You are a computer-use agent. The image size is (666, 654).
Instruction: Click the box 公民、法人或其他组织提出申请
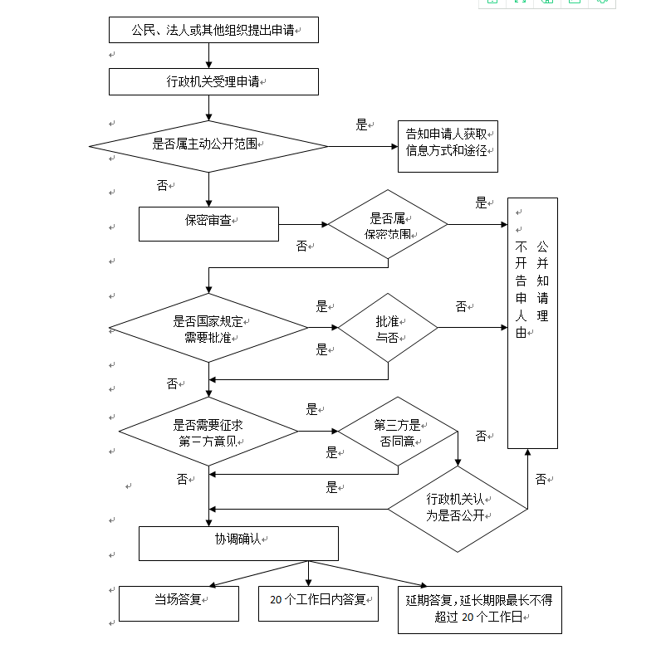click(x=213, y=30)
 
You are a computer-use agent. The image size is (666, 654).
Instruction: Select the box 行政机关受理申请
click(x=213, y=81)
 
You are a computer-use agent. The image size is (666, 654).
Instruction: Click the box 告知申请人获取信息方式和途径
click(x=448, y=145)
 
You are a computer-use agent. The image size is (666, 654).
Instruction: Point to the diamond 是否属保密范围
click(x=388, y=224)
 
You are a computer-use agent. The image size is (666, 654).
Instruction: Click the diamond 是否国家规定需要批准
click(x=208, y=329)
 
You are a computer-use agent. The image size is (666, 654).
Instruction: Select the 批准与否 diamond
click(x=388, y=328)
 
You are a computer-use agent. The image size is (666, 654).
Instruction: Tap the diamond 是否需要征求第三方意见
click(x=208, y=432)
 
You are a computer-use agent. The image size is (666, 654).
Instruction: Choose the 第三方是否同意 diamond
click(x=398, y=432)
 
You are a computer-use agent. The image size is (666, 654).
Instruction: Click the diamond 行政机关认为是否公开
click(x=458, y=509)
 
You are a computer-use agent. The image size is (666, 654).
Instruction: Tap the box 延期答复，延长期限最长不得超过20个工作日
click(x=480, y=609)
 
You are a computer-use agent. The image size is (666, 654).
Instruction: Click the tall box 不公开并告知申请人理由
click(x=532, y=323)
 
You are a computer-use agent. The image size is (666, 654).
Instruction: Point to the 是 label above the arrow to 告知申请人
click(x=361, y=124)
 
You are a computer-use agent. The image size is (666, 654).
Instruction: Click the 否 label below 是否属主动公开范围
click(x=162, y=185)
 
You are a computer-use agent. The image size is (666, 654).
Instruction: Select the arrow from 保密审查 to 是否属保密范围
click(x=303, y=224)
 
